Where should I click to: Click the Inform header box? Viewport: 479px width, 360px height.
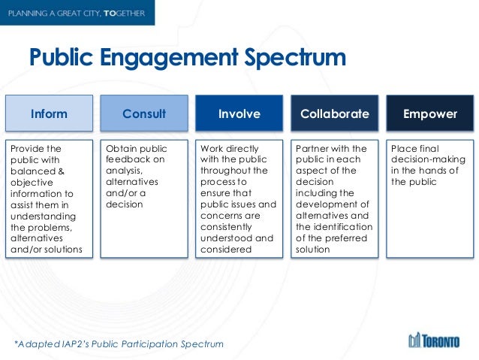click(x=49, y=114)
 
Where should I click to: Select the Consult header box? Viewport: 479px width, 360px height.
click(x=144, y=114)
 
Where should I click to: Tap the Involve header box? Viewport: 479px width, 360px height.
click(x=239, y=114)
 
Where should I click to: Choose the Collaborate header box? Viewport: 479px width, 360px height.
click(x=334, y=114)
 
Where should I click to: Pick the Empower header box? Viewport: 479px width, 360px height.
click(x=429, y=114)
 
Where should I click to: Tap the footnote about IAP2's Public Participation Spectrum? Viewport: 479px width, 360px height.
click(x=119, y=344)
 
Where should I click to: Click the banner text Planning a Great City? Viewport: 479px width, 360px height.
click(x=65, y=12)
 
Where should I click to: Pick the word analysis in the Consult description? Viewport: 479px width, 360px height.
click(x=125, y=170)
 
